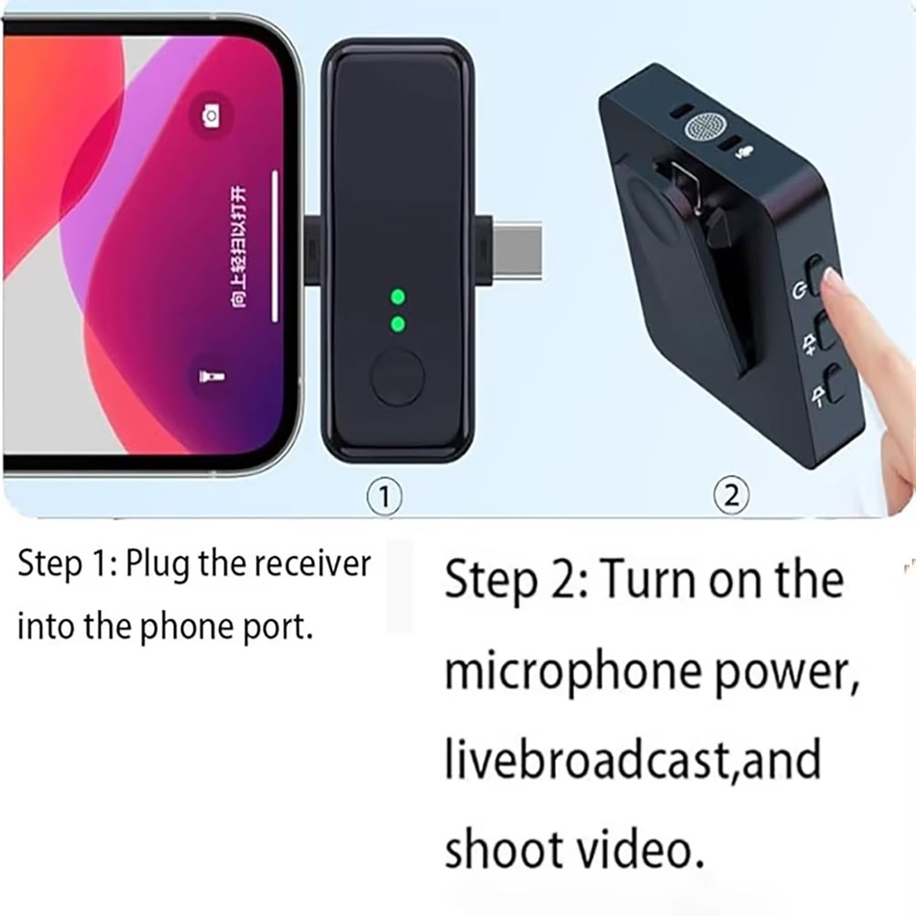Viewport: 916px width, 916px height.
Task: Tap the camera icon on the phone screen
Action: coord(211,115)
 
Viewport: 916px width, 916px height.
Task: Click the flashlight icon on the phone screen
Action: coord(210,376)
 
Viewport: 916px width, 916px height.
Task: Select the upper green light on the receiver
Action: coord(398,297)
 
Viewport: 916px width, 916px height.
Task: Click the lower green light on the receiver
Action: coord(398,323)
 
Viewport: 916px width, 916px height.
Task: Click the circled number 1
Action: coord(386,496)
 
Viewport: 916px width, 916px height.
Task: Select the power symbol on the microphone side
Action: coord(799,292)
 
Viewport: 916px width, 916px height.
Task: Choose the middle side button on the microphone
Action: coord(825,331)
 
